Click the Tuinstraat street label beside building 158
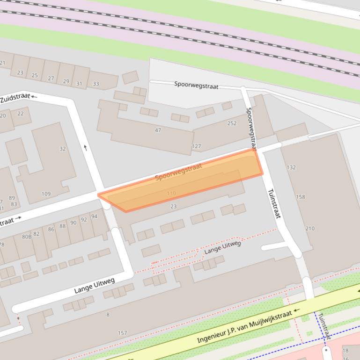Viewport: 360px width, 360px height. (274, 203)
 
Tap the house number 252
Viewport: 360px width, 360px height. (232, 123)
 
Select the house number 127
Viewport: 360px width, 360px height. (196, 146)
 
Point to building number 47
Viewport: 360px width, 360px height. (158, 130)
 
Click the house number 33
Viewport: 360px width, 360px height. (96, 84)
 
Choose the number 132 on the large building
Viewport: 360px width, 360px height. (291, 167)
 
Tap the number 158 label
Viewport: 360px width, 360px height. (301, 197)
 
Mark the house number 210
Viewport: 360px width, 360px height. (310, 229)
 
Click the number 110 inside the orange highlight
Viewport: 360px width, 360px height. (171, 193)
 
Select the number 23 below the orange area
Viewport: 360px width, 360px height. (174, 206)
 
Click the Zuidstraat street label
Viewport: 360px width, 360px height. (15, 99)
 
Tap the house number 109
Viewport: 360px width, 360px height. (46, 194)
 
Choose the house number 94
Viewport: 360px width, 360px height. (94, 216)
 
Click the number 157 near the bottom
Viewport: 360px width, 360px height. (122, 333)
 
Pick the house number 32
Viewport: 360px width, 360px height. (63, 149)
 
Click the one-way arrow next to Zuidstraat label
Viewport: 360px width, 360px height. (35, 96)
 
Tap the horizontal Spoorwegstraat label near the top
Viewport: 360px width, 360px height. (196, 85)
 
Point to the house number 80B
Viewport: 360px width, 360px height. (27, 237)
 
